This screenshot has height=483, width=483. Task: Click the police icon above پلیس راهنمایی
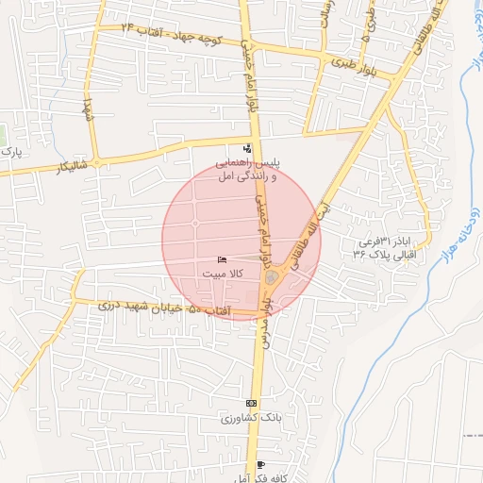click(247, 148)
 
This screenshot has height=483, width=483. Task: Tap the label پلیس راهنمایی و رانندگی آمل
click(247, 170)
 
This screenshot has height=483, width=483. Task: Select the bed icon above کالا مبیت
click(222, 259)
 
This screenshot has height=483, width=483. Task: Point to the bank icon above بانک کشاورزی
click(250, 403)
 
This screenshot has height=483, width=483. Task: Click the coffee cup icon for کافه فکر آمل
click(260, 465)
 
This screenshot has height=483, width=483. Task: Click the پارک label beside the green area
click(9, 151)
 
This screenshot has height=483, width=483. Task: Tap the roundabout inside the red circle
click(271, 277)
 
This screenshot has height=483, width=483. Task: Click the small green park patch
click(3, 132)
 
